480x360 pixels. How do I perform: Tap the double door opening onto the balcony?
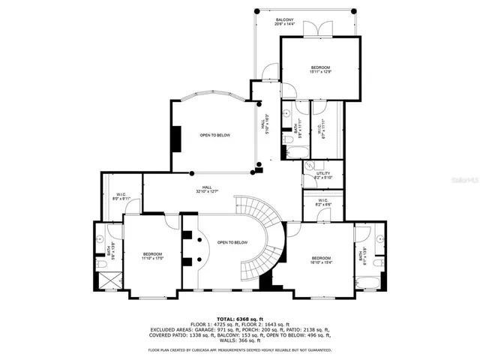coord(322,29)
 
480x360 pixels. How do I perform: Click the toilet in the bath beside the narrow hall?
coord(287,139)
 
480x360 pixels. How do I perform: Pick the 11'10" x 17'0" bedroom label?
coord(152,256)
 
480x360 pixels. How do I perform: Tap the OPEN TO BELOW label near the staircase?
coord(232,242)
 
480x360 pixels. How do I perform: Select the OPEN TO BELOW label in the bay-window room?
coord(214,135)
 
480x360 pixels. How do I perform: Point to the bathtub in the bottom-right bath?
coord(368,283)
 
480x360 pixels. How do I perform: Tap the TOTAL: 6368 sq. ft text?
coord(239,319)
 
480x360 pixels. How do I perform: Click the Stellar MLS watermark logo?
coord(465,180)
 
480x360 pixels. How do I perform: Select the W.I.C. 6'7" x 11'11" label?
coord(325,129)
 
